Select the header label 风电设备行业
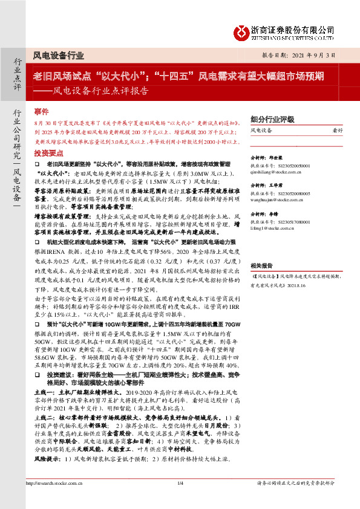pos(59,55)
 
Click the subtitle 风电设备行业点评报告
pos(98,92)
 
